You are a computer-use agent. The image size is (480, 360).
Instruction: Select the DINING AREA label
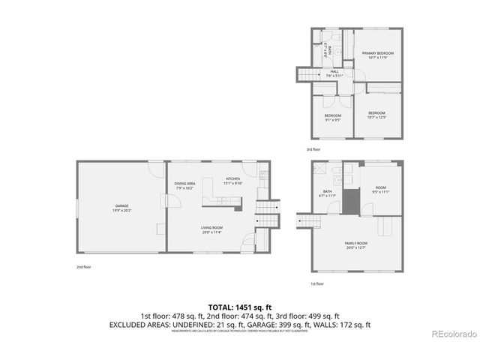[185, 184]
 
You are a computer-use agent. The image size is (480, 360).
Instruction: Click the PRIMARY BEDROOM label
[377, 54]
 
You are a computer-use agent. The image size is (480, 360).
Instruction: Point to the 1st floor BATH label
[328, 192]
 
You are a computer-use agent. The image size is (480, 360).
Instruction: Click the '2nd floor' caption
[85, 267]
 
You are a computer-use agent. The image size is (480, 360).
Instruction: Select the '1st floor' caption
[318, 283]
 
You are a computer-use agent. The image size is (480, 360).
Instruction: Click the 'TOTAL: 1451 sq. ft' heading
[239, 307]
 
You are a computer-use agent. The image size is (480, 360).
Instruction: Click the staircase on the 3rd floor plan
[307, 74]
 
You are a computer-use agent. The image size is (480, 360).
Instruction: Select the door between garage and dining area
[166, 196]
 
